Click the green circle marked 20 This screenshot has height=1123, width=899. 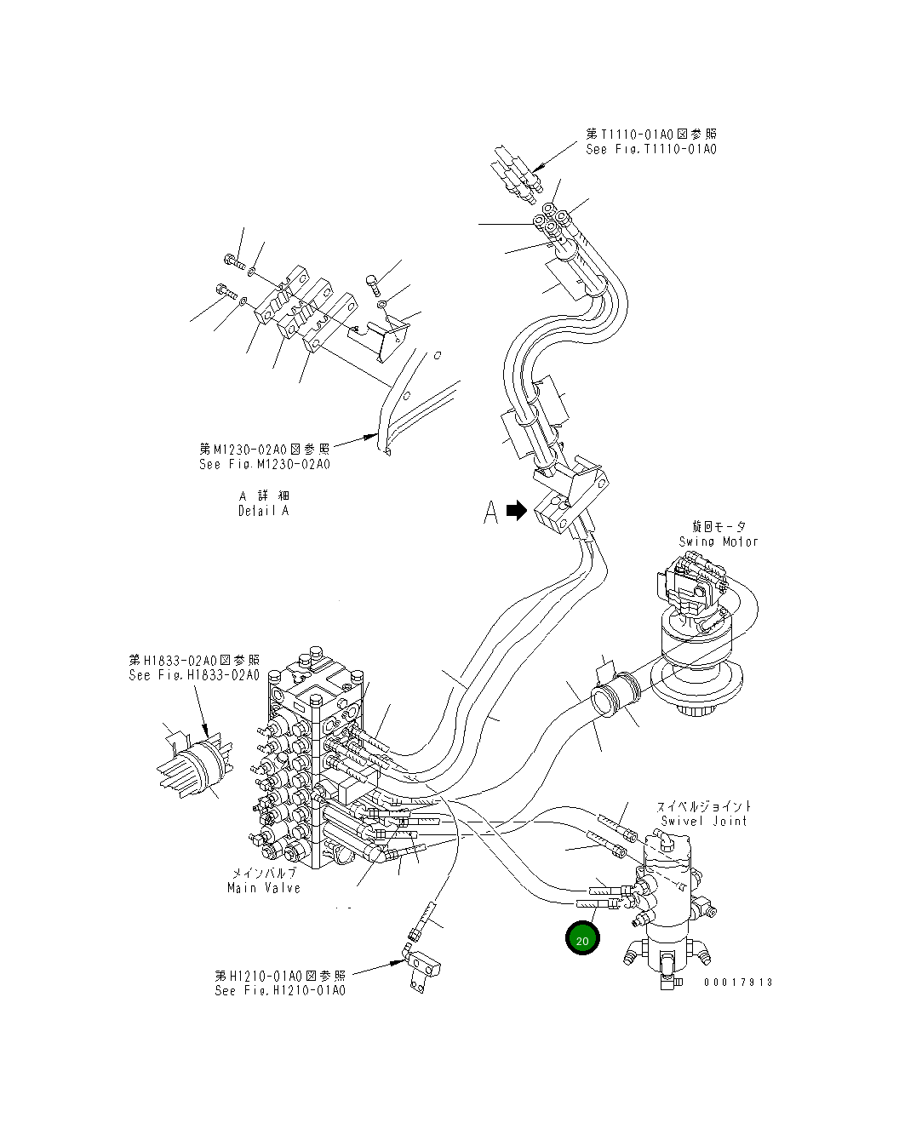[x=582, y=940]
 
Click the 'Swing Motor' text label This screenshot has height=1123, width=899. [x=718, y=541]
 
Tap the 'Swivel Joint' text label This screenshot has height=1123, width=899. [x=703, y=821]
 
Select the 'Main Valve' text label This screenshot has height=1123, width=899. [x=264, y=888]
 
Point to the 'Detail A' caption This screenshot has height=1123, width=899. [x=263, y=511]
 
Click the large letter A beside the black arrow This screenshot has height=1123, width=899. [x=490, y=512]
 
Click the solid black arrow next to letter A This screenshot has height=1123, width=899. [x=516, y=511]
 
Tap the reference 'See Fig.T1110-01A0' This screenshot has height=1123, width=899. [x=650, y=149]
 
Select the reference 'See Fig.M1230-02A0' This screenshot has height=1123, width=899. [x=264, y=465]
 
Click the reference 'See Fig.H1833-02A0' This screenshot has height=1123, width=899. [x=193, y=675]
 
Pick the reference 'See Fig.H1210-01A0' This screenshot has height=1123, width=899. [x=280, y=990]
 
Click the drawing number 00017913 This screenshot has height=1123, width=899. [x=738, y=982]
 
